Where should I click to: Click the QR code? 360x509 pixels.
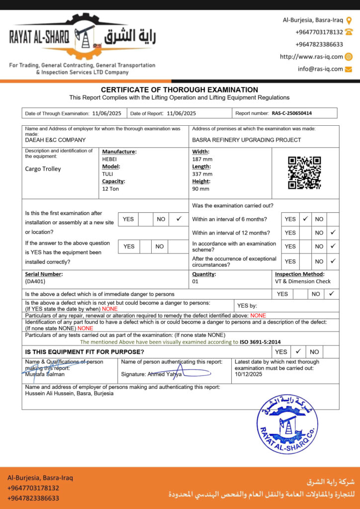click(304, 172)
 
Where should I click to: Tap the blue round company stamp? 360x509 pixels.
click(287, 424)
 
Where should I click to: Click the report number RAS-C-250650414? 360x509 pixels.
click(292, 113)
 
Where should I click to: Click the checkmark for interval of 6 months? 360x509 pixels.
click(306, 219)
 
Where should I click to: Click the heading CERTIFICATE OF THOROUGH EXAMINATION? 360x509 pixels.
click(180, 90)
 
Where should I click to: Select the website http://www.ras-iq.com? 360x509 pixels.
click(311, 57)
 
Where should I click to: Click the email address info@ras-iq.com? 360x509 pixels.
click(320, 69)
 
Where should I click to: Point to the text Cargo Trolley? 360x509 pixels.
click(43, 169)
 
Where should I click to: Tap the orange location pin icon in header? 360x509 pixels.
click(349, 20)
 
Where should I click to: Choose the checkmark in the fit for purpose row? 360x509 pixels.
click(298, 351)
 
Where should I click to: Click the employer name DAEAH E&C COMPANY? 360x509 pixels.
click(55, 140)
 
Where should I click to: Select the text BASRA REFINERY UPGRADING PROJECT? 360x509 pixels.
click(246, 140)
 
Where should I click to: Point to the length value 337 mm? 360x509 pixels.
click(202, 174)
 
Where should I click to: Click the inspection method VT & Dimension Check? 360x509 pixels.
click(303, 281)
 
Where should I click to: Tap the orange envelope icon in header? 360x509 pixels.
click(349, 69)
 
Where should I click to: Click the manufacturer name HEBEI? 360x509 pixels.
click(109, 159)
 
